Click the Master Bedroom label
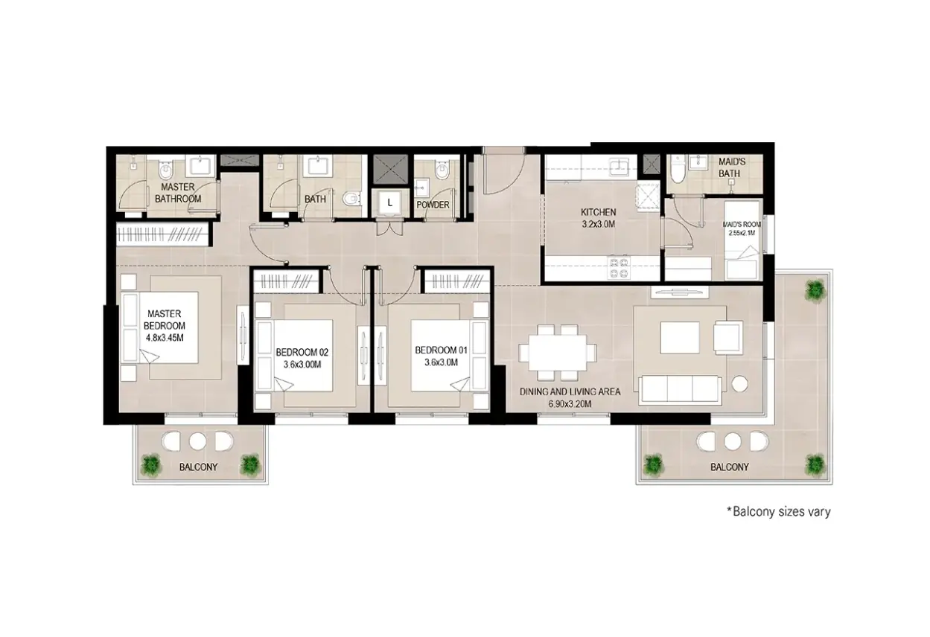click(x=165, y=319)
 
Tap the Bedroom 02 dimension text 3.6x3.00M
click(x=302, y=365)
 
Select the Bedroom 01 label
click(x=442, y=350)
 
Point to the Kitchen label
click(x=598, y=212)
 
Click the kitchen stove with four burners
click(x=618, y=268)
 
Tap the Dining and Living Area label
click(x=570, y=391)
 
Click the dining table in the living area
click(x=557, y=353)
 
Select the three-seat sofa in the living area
click(x=680, y=389)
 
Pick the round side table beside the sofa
click(x=740, y=384)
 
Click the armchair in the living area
click(x=728, y=336)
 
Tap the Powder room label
click(x=433, y=205)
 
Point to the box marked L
click(x=389, y=203)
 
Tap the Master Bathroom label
click(x=178, y=193)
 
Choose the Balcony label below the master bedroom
click(x=198, y=467)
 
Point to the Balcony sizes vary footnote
click(x=778, y=512)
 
